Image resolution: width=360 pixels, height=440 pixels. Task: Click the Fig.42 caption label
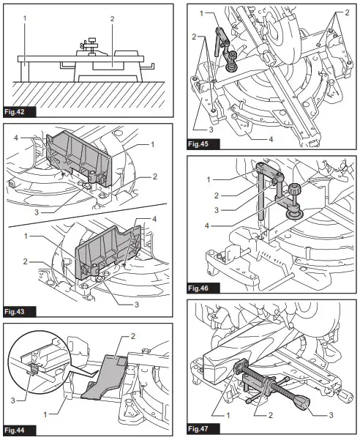point(16,111)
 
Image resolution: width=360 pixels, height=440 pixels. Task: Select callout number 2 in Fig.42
point(111,17)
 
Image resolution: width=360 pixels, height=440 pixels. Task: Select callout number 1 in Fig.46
point(209,179)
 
